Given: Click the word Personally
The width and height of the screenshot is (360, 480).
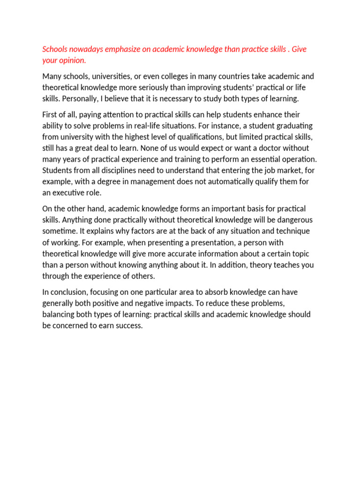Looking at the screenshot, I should coord(82,99).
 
